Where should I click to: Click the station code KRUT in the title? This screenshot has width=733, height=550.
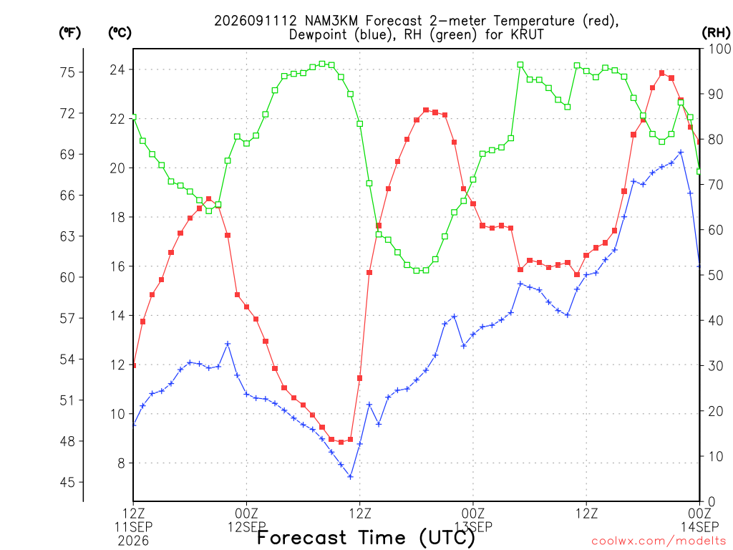click(528, 34)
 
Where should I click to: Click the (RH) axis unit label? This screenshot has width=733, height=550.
click(716, 33)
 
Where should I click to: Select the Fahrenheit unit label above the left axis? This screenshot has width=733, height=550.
click(69, 33)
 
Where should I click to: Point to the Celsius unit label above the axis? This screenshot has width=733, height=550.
click(120, 33)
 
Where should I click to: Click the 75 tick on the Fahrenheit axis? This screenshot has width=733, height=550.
click(67, 72)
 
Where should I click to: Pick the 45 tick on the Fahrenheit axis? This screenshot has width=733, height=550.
click(67, 482)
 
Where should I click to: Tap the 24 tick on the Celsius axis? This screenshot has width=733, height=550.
click(117, 69)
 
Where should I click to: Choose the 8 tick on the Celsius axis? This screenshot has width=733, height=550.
click(122, 463)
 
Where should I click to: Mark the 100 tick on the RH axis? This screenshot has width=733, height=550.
click(719, 49)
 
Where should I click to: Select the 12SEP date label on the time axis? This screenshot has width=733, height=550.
click(247, 527)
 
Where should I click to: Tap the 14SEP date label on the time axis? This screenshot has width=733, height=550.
click(699, 527)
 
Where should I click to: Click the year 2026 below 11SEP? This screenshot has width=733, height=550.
click(133, 541)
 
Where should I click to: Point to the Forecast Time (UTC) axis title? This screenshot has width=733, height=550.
click(366, 538)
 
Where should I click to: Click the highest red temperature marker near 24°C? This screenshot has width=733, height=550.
click(662, 73)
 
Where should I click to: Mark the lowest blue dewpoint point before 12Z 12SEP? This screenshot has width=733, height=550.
click(350, 476)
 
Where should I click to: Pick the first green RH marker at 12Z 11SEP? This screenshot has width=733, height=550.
click(134, 117)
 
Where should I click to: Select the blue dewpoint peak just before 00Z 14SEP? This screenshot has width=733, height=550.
click(681, 152)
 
